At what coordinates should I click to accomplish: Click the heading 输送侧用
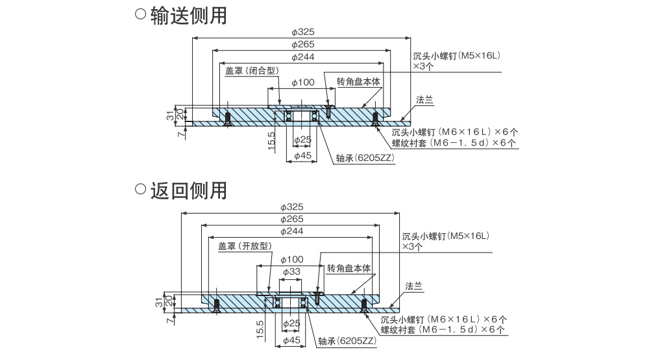pyautogui.click(x=188, y=15)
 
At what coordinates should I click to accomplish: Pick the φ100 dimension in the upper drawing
pyautogui.click(x=303, y=82)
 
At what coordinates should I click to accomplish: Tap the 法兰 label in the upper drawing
pyautogui.click(x=424, y=100)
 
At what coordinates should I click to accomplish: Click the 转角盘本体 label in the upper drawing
pyautogui.click(x=358, y=82)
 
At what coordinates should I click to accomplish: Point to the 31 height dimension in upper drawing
pyautogui.click(x=170, y=116)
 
